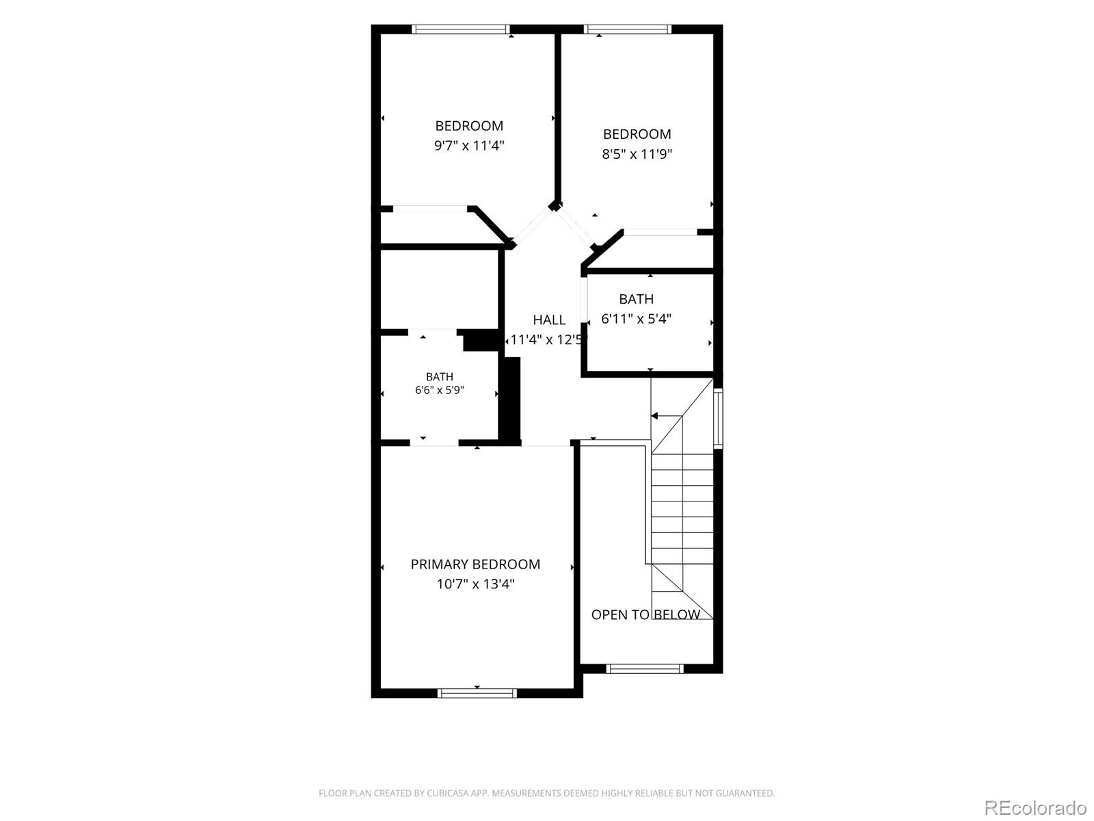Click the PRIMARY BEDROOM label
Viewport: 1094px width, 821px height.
point(475,564)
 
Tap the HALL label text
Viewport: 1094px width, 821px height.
point(549,320)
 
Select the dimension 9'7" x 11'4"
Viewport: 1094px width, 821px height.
point(469,146)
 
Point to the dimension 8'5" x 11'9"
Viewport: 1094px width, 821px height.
point(637,153)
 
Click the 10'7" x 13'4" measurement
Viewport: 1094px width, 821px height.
point(475,584)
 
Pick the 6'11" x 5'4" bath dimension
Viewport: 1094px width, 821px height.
point(637,319)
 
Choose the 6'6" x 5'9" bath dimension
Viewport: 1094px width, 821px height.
point(440,390)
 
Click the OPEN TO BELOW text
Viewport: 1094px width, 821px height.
point(645,614)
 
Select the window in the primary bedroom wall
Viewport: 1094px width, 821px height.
point(477,692)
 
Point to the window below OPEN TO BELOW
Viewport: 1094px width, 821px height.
point(645,668)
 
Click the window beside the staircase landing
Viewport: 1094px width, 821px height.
point(718,418)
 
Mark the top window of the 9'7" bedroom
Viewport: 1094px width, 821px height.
point(461,29)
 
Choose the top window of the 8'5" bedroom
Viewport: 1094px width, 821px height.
point(628,29)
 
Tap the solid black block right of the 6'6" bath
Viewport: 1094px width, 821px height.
point(510,400)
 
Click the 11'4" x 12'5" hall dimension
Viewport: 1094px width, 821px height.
point(546,340)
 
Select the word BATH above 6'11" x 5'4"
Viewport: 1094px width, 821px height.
point(637,299)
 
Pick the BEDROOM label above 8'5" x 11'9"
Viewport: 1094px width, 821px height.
point(637,134)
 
